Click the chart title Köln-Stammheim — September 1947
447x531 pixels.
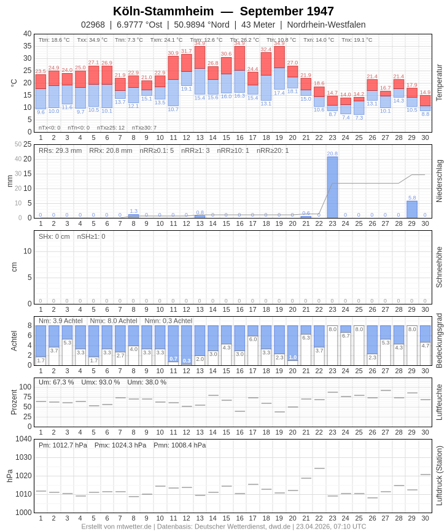click(x=223, y=11)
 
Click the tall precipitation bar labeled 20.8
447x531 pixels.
click(x=332, y=187)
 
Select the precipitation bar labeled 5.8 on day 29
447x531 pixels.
click(x=412, y=209)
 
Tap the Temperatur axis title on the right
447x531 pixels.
click(x=439, y=83)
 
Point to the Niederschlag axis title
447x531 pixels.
click(x=439, y=181)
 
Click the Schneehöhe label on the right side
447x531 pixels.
click(x=439, y=267)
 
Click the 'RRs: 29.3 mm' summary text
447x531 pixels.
click(x=60, y=150)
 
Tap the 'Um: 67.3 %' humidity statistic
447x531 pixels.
click(x=56, y=382)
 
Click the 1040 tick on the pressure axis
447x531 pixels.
click(x=23, y=439)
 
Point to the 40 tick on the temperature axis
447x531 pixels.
click(x=27, y=34)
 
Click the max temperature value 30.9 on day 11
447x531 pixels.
click(x=173, y=53)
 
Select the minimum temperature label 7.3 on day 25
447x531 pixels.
click(x=359, y=118)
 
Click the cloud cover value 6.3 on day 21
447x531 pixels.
click(x=306, y=338)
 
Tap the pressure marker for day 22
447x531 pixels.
click(x=319, y=468)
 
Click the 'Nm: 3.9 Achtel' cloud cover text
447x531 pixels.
click(x=61, y=320)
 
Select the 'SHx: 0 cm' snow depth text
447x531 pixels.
click(x=54, y=236)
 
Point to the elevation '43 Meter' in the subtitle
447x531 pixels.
click(x=258, y=25)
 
